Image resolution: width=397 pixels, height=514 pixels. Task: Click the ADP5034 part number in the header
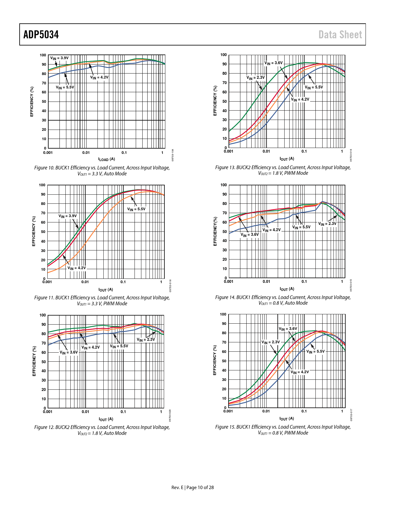pyautogui.click(x=41, y=35)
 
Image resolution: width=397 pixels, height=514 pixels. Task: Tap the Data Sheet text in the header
pyautogui.click(x=340, y=35)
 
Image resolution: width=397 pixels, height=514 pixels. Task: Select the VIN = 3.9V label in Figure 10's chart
pyautogui.click(x=59, y=58)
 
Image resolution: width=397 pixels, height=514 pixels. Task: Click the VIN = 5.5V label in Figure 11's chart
pyautogui.click(x=136, y=209)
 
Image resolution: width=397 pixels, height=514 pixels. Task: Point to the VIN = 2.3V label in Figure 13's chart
pyautogui.click(x=255, y=78)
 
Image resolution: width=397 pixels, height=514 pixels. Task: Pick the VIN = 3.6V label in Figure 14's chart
pyautogui.click(x=249, y=235)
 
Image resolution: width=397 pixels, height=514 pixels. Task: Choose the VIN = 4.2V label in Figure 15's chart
pyautogui.click(x=300, y=372)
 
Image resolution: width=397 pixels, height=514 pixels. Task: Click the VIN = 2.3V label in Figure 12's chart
pyautogui.click(x=146, y=340)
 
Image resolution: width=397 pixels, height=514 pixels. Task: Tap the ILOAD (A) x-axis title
pyautogui.click(x=106, y=159)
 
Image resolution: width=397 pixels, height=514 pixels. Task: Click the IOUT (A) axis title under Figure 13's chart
pyautogui.click(x=287, y=159)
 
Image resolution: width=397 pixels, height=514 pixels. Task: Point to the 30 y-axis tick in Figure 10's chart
pyautogui.click(x=44, y=120)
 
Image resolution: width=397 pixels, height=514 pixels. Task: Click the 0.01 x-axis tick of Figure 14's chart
pyautogui.click(x=266, y=282)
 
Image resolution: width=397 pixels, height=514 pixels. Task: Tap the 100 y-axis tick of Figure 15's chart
pyautogui.click(x=223, y=314)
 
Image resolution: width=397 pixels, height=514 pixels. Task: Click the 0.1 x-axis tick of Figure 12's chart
pyautogui.click(x=123, y=412)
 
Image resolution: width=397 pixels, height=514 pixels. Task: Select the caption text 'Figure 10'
pyautogui.click(x=44, y=168)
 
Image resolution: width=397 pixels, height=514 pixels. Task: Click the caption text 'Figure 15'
pyautogui.click(x=225, y=427)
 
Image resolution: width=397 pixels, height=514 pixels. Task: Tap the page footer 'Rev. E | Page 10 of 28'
pyautogui.click(x=193, y=488)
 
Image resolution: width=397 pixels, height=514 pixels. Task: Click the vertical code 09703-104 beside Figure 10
pyautogui.click(x=173, y=155)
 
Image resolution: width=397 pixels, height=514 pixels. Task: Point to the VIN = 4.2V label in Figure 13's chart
pyautogui.click(x=300, y=99)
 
